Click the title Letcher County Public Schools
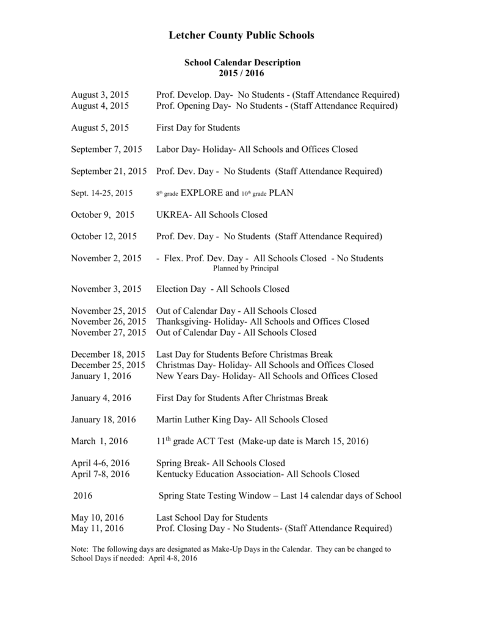coord(241,35)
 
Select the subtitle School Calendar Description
coord(242,62)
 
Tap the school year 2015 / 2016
coord(242,73)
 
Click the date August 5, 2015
coord(100,128)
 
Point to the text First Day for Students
coord(198,128)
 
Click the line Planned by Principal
coord(245,268)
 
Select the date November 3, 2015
coord(106,289)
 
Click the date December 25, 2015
coord(108,365)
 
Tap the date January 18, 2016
coord(103,419)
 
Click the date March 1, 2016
coord(100,441)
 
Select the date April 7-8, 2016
coord(100,474)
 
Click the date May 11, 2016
coord(97,528)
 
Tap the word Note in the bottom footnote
coord(79,549)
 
